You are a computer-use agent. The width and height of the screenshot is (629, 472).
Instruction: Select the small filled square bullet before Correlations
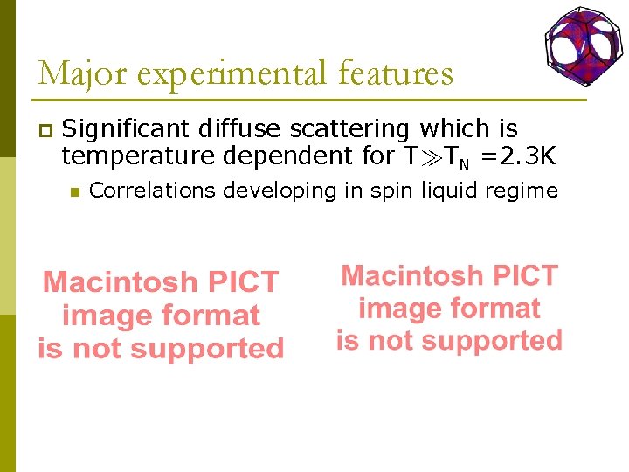point(75,191)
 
